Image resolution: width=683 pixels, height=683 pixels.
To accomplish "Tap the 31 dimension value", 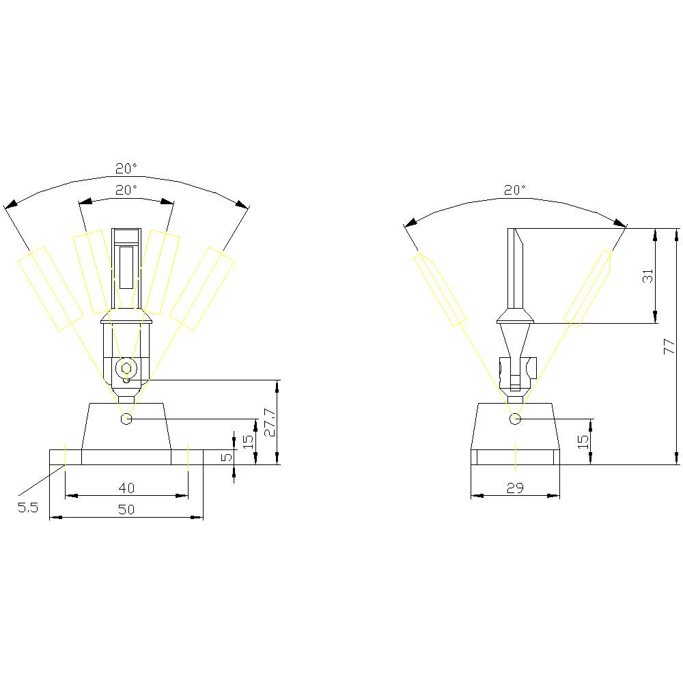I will click(648, 275).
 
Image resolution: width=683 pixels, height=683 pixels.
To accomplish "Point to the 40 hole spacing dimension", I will click(126, 487).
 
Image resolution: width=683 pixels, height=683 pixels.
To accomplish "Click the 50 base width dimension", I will click(126, 509).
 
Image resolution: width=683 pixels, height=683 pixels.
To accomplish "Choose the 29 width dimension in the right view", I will click(515, 487).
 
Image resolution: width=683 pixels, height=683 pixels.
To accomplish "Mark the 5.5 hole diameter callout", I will click(28, 507).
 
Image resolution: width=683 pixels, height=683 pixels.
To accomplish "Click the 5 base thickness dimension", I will click(226, 456).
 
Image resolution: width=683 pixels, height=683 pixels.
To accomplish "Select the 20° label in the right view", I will click(515, 190).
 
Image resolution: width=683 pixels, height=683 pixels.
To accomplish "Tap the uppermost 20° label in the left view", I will click(126, 168).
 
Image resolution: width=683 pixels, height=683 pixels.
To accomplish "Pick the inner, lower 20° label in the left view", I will click(126, 190).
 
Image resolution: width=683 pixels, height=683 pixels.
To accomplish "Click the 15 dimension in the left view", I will click(249, 441).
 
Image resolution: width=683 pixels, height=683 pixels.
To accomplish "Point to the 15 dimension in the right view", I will click(582, 441).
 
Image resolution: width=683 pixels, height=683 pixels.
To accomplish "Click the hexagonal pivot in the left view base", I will click(126, 418).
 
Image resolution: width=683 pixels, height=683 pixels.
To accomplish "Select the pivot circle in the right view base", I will click(516, 418).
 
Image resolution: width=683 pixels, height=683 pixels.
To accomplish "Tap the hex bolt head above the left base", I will click(126, 368).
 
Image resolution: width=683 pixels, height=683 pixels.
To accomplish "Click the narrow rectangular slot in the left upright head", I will click(126, 267).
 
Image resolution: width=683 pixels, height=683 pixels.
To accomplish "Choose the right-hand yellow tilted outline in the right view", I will click(587, 288).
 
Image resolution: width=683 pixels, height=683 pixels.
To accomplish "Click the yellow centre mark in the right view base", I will click(516, 456).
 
